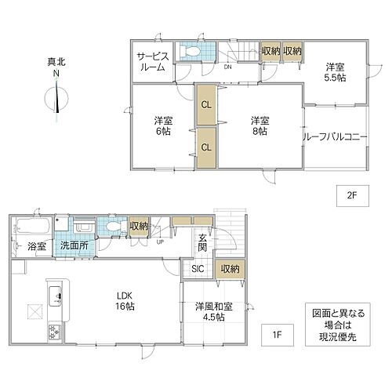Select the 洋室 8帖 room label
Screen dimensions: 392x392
click(260, 126)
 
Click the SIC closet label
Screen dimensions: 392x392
click(198, 270)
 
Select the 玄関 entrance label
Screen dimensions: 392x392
click(202, 243)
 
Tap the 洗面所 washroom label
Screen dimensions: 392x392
click(74, 246)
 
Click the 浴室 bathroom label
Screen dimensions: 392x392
click(37, 246)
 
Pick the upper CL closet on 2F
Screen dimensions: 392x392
click(205, 103)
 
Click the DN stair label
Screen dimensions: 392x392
click(227, 67)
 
